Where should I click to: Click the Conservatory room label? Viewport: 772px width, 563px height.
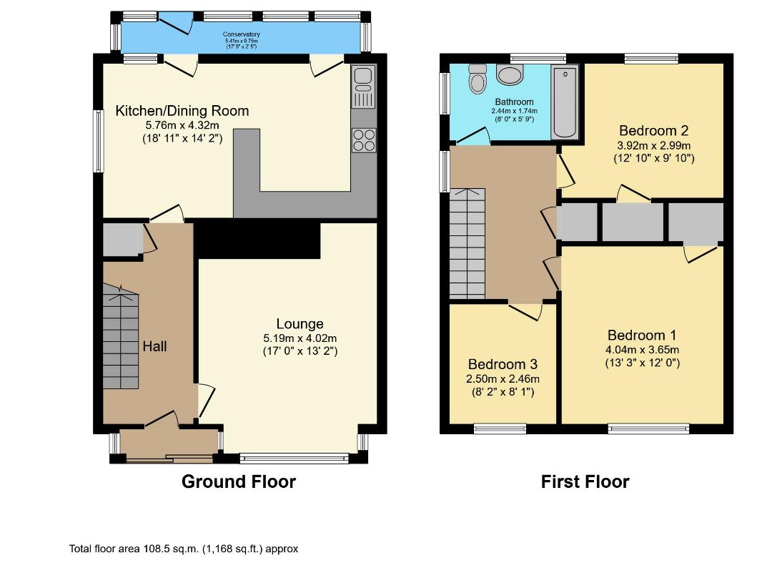[x=242, y=34]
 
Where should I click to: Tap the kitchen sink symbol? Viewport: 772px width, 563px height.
[x=363, y=86]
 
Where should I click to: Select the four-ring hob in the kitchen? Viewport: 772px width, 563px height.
[x=364, y=140]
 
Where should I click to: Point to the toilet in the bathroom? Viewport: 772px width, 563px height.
[x=477, y=79]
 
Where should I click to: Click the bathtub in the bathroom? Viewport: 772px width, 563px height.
[x=565, y=102]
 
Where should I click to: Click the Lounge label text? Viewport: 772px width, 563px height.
[x=300, y=323]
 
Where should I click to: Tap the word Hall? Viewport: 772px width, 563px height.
[x=154, y=346]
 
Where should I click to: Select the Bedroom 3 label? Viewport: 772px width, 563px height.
[x=503, y=364]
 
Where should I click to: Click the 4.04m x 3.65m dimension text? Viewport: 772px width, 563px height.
[x=643, y=351]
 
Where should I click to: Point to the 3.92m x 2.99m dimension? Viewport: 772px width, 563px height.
[x=654, y=146]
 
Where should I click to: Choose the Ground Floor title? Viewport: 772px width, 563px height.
[x=239, y=481]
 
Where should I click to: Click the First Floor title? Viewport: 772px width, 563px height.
[x=585, y=481]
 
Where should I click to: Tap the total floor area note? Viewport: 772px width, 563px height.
[x=184, y=549]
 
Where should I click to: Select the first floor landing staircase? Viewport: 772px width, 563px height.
[x=467, y=243]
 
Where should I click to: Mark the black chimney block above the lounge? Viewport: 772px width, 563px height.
[x=257, y=240]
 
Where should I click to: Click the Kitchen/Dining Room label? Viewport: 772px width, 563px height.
[x=182, y=111]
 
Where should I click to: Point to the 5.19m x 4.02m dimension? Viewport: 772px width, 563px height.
[x=300, y=338]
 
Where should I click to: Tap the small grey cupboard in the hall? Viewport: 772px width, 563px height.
[x=123, y=240]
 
